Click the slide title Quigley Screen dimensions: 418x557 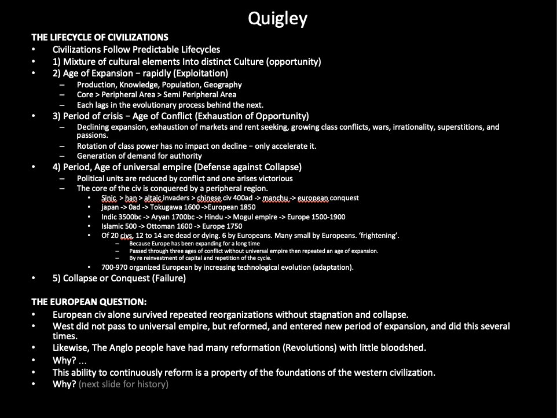pos(277,19)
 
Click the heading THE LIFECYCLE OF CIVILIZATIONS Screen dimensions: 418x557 pos(100,37)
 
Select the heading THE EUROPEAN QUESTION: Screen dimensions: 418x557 pos(89,302)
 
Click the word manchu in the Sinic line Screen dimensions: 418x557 pos(274,198)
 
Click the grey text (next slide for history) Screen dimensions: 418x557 pos(123,384)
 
